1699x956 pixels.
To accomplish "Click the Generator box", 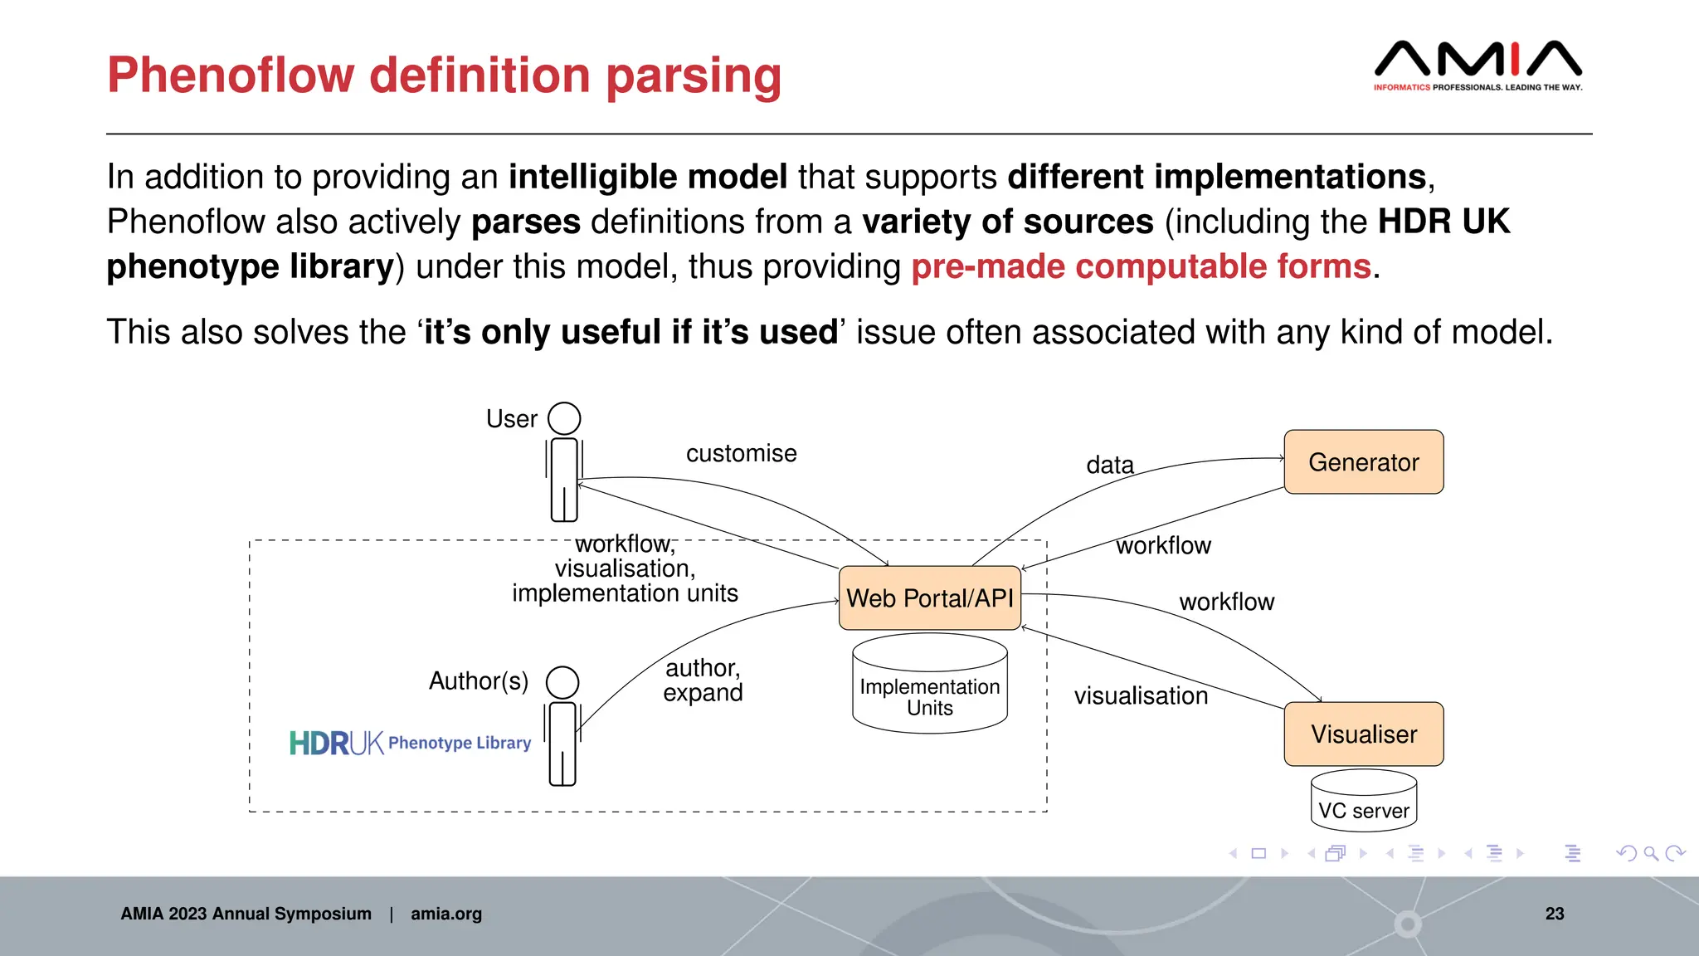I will point(1363,462).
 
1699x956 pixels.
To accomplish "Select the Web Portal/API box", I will point(929,598).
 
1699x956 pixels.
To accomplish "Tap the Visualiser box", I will point(1363,734).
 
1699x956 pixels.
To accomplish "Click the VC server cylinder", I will point(1363,802).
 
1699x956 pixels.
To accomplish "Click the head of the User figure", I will point(564,418).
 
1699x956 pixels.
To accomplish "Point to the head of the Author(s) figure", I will point(562,682).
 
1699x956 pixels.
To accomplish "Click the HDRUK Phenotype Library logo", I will point(410,743).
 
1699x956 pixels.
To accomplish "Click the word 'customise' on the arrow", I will point(741,453).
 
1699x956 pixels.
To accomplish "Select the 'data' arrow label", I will point(1110,465).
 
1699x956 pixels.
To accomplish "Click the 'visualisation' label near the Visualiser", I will point(1141,695).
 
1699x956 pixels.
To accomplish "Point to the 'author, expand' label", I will point(703,680).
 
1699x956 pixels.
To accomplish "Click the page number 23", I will point(1554,914).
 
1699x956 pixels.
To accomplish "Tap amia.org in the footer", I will point(445,914).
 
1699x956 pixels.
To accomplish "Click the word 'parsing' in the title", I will point(694,76).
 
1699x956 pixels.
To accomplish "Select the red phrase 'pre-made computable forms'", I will point(1141,267).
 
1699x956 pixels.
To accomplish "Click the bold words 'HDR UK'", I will point(1443,222).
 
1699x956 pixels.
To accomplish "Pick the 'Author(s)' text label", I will point(479,681).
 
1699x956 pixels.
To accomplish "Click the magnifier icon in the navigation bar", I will point(1650,853).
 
